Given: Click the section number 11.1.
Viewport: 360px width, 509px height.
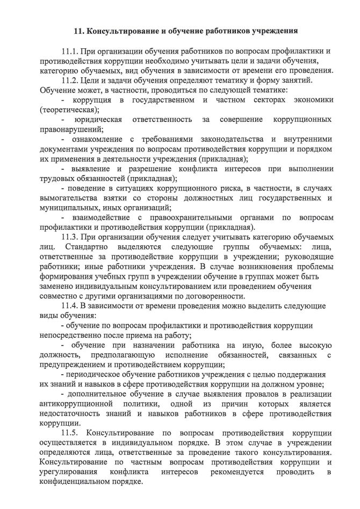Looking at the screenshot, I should point(70,52).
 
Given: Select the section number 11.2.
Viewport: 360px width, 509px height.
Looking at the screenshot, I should point(70,81).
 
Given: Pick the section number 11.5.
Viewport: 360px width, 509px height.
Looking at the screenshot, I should point(70,432).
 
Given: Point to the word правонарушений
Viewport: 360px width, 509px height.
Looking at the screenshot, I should point(70,129).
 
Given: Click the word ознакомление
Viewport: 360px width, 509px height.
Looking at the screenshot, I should point(99,139).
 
